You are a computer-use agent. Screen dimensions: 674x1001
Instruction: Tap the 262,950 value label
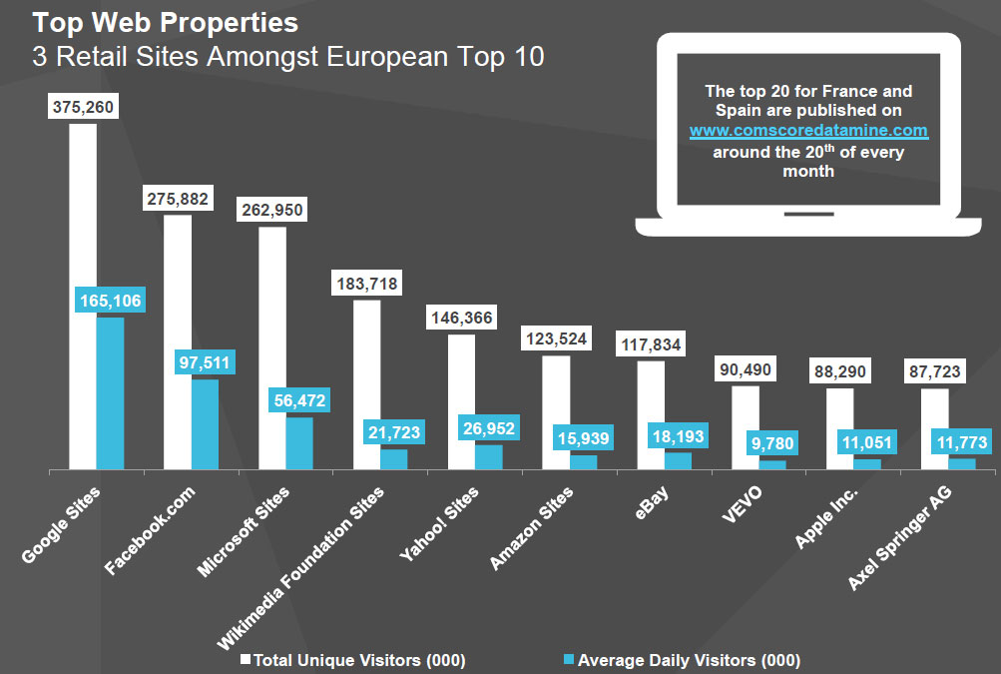click(271, 210)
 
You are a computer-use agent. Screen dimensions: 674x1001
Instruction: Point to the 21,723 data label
click(393, 432)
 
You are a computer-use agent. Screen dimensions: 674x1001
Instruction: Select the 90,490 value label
click(746, 369)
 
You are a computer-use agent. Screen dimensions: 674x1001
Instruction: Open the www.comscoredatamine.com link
click(808, 131)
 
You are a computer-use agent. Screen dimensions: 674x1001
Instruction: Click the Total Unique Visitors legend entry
click(353, 660)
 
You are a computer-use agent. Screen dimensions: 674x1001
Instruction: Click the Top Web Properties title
click(165, 21)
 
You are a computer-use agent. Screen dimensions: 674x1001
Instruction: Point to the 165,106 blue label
click(110, 300)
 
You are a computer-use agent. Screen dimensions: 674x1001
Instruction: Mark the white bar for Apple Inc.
click(839, 428)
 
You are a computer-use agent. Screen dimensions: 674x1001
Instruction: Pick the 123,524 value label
click(556, 339)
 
